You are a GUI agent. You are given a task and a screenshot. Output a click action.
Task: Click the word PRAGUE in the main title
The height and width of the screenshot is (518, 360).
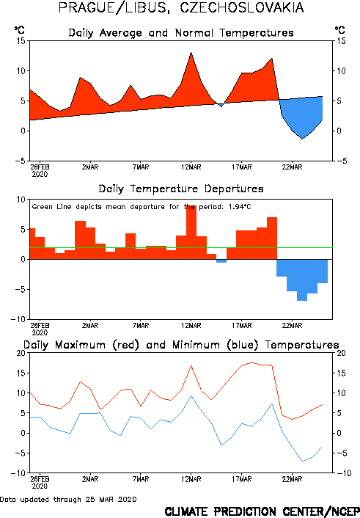tap(87, 7)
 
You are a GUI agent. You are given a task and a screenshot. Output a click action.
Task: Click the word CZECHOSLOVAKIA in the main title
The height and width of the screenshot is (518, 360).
tap(242, 7)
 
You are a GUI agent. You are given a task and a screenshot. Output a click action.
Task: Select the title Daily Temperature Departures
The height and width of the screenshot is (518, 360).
tap(181, 189)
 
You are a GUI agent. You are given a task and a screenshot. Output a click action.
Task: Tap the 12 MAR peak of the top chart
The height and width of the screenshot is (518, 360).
tap(191, 53)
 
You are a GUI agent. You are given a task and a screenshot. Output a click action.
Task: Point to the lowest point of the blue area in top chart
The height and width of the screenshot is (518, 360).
tap(302, 139)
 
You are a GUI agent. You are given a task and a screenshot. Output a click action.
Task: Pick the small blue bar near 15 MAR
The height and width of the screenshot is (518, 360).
tap(221, 261)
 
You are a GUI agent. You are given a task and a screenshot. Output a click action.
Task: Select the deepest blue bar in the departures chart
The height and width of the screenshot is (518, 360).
tap(302, 280)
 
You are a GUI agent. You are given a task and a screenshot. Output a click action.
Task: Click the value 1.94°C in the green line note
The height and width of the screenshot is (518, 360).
tap(240, 207)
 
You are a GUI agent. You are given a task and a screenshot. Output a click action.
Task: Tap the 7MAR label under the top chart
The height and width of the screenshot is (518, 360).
tap(141, 167)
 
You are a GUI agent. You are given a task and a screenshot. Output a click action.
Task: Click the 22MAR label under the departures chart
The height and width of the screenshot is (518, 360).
tap(292, 326)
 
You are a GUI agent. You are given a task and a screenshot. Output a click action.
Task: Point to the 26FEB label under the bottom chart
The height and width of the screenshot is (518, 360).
tap(40, 479)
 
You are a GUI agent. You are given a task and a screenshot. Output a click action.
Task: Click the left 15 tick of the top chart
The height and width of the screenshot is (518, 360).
tap(21, 41)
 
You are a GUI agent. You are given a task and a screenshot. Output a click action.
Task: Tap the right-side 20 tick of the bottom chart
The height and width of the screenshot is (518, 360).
tap(341, 353)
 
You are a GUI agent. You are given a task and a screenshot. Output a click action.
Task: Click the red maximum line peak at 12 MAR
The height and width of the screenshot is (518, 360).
tap(191, 366)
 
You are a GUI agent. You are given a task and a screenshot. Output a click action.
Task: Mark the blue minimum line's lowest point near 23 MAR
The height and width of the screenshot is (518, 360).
tap(302, 461)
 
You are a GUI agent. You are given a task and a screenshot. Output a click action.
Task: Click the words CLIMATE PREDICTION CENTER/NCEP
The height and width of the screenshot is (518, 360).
tap(262, 511)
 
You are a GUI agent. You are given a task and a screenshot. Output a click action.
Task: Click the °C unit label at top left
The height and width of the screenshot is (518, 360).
tap(19, 30)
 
